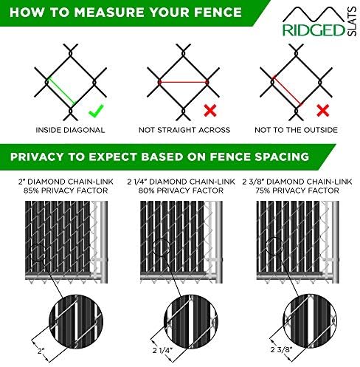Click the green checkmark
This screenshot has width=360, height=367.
95,111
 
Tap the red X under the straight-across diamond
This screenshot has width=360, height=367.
210,110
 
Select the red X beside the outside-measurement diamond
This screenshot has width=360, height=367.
323,110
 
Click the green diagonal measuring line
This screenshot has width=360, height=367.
61,91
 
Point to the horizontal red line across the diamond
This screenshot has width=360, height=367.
184,82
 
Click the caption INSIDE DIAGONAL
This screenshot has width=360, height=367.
70,130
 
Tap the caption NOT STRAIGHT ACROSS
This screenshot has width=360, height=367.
184,130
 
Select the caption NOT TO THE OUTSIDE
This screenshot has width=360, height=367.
296,130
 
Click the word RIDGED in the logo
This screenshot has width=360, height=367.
314,30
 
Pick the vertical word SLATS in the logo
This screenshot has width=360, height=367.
352,21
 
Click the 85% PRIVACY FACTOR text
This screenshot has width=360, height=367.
66,191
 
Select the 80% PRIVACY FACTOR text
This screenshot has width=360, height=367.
181,191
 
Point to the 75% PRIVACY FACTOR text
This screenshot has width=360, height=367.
297,191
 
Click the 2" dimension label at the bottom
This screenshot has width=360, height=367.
41,351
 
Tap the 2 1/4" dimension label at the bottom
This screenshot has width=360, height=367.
162,350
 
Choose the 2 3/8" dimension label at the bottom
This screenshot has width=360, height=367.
281,349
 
